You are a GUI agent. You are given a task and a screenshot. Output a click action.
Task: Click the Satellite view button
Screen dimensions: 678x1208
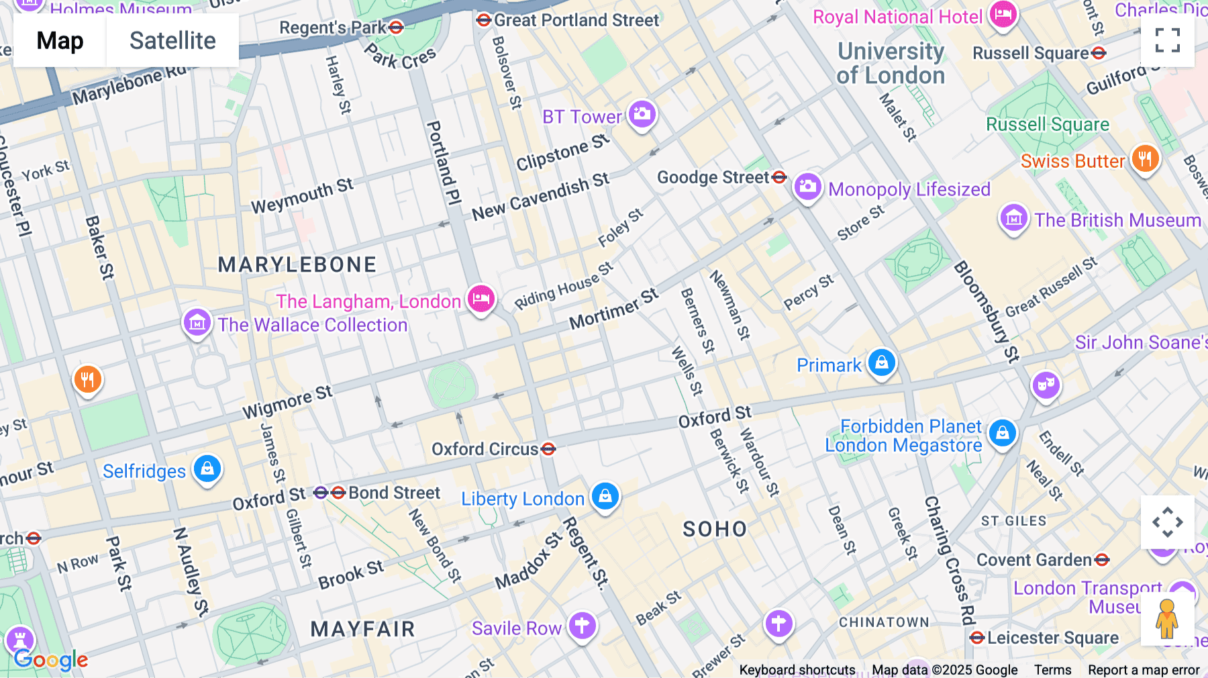(172, 41)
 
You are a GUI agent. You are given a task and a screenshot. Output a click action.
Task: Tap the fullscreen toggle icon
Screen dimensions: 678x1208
(1167, 40)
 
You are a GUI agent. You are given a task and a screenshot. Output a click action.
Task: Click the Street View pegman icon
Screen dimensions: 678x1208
(1167, 618)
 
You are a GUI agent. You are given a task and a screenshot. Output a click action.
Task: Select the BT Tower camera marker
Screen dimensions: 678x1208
(642, 113)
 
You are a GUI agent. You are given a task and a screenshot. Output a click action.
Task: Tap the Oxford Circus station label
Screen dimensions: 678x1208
(485, 449)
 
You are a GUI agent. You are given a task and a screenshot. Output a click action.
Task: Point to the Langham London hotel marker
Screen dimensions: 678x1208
(481, 299)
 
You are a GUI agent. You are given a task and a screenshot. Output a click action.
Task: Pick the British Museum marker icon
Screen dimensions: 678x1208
(1013, 218)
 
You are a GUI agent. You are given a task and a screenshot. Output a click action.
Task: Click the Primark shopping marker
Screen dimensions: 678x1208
(881, 362)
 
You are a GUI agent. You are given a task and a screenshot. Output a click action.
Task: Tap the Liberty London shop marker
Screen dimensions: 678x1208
(605, 496)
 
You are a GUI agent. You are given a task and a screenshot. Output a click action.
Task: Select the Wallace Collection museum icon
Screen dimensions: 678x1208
(197, 323)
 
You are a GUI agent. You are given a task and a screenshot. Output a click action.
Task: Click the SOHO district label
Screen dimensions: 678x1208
(715, 530)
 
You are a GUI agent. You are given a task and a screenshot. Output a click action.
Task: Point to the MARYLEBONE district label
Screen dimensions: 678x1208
(297, 264)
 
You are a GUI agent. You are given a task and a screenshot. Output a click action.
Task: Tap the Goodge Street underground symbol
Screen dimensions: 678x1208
(779, 177)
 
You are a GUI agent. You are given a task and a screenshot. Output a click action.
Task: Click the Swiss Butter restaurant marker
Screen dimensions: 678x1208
(1145, 159)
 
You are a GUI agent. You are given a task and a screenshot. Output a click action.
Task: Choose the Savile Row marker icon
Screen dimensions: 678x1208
(582, 626)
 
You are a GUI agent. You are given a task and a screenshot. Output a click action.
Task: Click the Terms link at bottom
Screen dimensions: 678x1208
(1052, 669)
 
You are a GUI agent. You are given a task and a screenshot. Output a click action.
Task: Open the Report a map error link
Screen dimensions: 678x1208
(1144, 669)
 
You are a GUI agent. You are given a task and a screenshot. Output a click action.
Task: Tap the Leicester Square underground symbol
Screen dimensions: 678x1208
(977, 638)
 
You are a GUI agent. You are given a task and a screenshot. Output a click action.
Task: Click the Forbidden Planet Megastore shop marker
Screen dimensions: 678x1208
(1002, 433)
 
